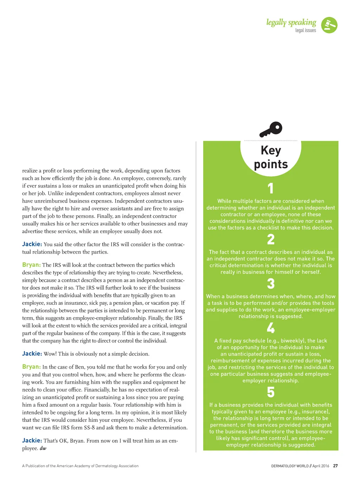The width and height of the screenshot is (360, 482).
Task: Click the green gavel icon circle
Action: [329, 25]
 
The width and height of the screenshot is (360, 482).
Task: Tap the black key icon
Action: [271, 129]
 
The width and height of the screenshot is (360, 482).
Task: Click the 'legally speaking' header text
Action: [291, 23]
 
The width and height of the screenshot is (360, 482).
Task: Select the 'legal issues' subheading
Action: [306, 31]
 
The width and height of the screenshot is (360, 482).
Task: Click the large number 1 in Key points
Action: [270, 188]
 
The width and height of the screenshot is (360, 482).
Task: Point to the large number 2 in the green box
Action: [270, 240]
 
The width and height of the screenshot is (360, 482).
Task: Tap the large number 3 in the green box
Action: [270, 284]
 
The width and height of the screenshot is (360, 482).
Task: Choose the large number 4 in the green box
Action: [270, 328]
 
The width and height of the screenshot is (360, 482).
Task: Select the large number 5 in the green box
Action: [270, 392]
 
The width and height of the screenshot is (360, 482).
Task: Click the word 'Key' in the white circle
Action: [271, 150]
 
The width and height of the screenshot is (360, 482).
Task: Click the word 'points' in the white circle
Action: [271, 164]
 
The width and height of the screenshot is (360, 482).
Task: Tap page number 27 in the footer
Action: [335, 466]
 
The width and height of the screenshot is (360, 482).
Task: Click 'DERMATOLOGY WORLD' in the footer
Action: [290, 466]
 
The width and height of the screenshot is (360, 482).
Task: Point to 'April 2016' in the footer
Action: [321, 466]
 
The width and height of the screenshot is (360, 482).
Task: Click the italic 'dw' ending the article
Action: [43, 448]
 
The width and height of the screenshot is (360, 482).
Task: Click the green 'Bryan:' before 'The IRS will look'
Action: [31, 265]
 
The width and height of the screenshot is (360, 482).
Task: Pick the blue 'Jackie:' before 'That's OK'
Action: [32, 440]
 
